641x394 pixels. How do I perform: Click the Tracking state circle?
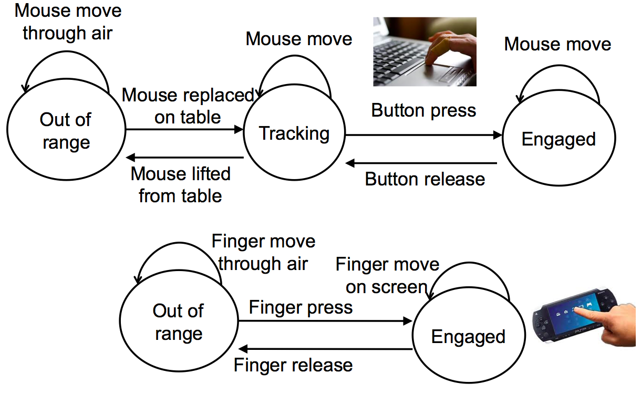coord(294,134)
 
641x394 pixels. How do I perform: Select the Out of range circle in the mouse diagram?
coord(66,131)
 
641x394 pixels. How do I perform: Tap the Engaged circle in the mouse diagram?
coord(559,139)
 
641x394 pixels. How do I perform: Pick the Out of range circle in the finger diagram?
coord(179,322)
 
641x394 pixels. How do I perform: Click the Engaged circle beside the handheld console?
coord(468,337)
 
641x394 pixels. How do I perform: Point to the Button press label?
coord(423,110)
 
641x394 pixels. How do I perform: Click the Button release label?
coord(425,179)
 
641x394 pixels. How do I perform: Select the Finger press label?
coord(301,307)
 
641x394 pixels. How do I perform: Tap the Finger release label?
coord(293,365)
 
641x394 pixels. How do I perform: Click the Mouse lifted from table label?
coord(180,184)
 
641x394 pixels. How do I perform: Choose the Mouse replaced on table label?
coord(188,106)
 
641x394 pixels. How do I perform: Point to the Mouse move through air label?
coord(68,22)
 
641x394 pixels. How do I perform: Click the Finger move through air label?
coord(263,252)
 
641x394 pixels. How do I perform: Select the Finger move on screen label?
coord(387,275)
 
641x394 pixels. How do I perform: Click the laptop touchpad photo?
coord(425,51)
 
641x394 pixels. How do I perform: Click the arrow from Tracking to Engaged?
coord(423,135)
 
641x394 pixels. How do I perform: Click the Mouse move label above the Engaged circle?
coord(557,44)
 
